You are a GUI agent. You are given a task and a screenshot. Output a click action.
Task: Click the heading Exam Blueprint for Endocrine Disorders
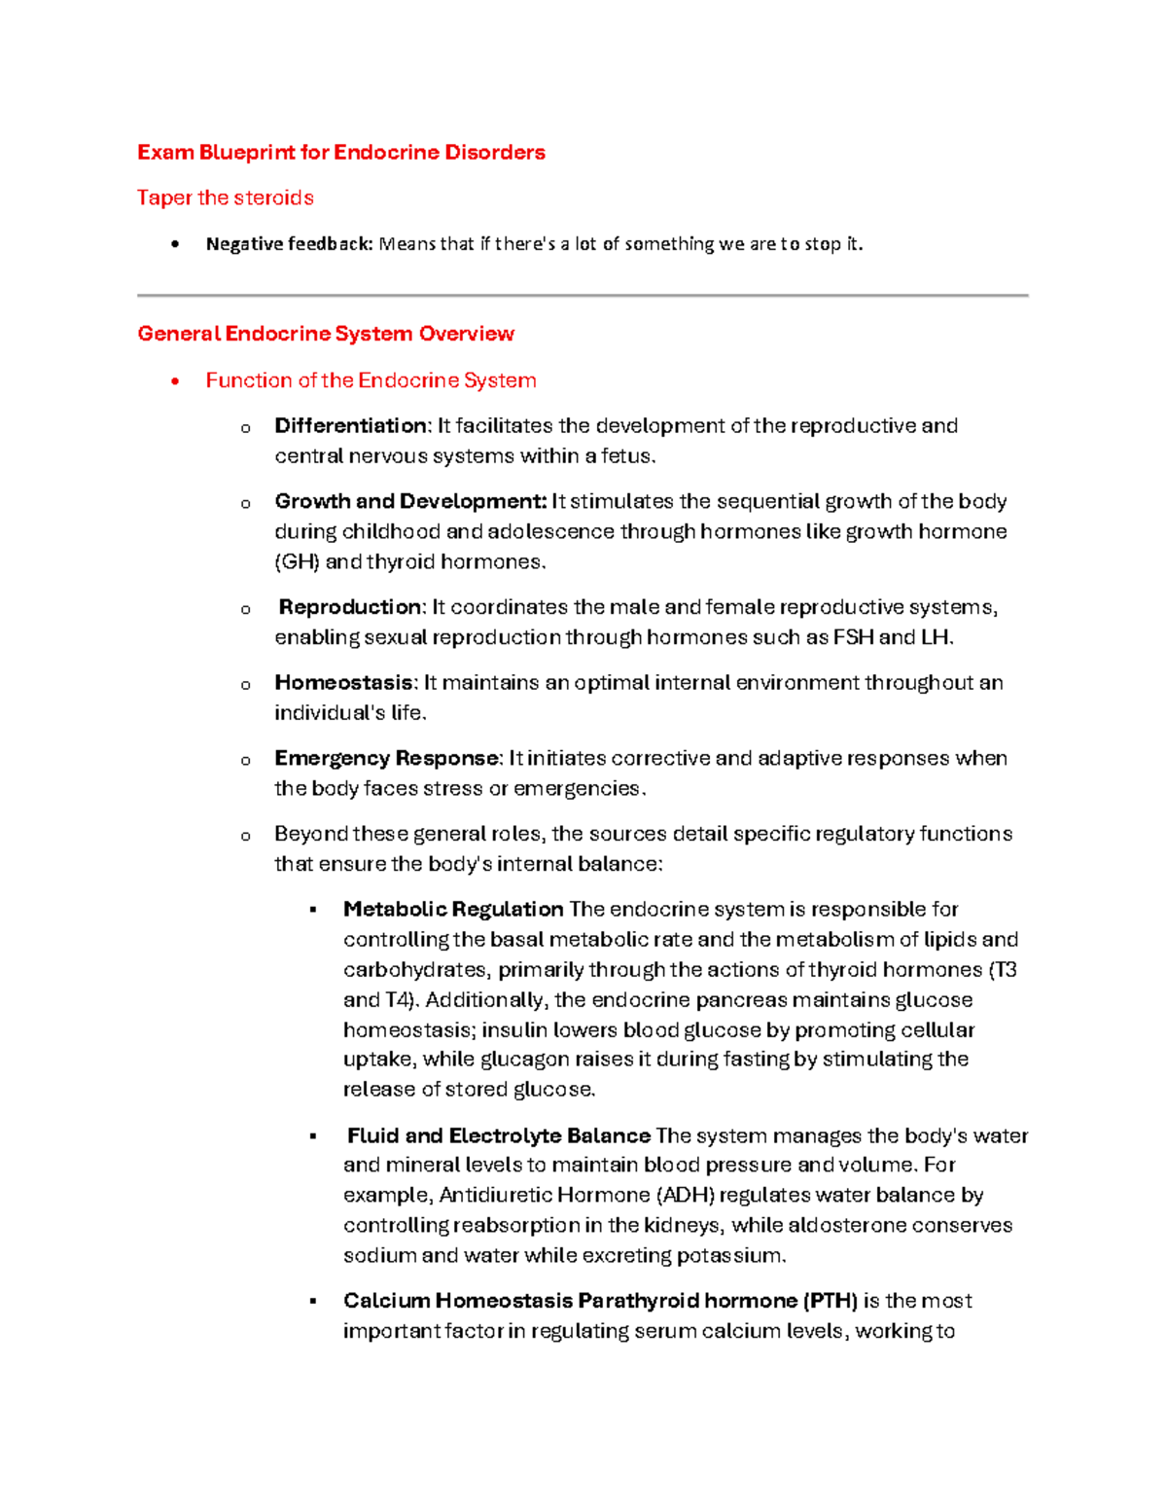[x=340, y=153]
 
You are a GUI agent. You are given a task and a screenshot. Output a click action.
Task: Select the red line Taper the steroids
[x=225, y=198]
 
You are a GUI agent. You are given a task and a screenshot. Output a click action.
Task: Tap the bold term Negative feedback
[x=289, y=244]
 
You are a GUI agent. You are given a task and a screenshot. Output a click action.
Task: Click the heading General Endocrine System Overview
[x=326, y=334]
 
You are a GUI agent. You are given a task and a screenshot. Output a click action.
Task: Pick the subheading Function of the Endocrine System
[x=371, y=380]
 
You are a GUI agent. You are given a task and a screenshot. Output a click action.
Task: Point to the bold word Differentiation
[x=350, y=426]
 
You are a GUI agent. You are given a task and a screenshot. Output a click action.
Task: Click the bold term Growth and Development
[x=410, y=502]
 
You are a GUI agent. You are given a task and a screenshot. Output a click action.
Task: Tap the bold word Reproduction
[x=351, y=607]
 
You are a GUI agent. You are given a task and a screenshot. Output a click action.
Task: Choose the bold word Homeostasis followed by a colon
[x=345, y=683]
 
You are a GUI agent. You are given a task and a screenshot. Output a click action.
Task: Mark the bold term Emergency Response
[x=387, y=759]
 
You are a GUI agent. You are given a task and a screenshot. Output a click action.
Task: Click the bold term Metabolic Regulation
[x=453, y=910]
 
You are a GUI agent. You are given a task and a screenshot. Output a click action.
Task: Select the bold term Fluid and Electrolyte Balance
[x=499, y=1136]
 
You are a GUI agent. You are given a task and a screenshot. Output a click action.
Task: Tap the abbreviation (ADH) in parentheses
[x=688, y=1196]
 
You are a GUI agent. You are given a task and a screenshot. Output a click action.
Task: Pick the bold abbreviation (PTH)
[x=831, y=1302]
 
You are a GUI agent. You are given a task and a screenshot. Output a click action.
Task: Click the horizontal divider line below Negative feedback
[x=583, y=295]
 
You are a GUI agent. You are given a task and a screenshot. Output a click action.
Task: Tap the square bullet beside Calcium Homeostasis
[x=313, y=1302]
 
